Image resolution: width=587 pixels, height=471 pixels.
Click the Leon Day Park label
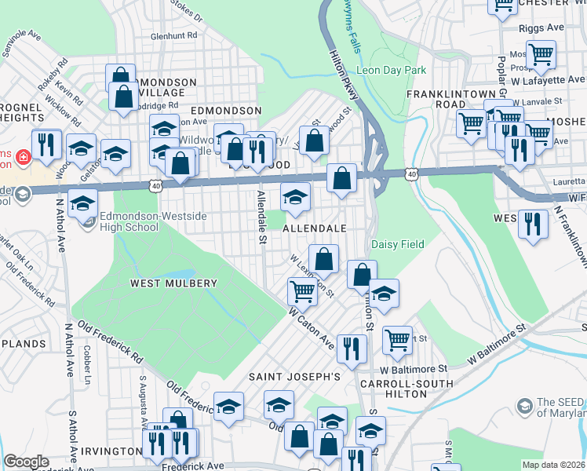pos(392,70)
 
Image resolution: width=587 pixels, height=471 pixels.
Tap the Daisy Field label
pos(397,244)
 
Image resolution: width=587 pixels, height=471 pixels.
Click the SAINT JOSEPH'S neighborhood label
pos(294,377)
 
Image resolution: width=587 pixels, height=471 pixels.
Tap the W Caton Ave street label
pos(311,328)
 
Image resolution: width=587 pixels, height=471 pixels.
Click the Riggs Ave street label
pos(541,27)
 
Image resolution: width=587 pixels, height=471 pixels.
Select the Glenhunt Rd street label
pos(173,35)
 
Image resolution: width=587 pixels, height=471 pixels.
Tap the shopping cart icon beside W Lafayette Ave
pos(541,54)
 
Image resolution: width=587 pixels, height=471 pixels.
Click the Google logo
pos(26,462)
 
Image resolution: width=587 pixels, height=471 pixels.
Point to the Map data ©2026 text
pos(553,465)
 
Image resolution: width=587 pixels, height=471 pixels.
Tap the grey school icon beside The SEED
pos(524,406)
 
